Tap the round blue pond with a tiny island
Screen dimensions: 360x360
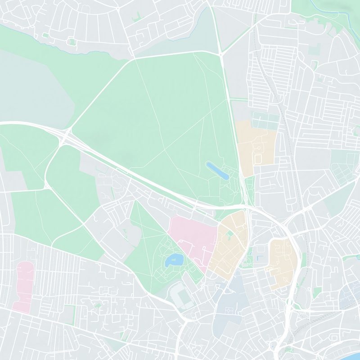[x=173, y=260]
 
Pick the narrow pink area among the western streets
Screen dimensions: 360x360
[x=24, y=286]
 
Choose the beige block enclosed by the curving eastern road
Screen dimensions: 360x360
[x=283, y=261]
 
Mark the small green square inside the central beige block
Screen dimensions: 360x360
[x=229, y=234]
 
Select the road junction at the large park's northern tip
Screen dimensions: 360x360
[x=221, y=54]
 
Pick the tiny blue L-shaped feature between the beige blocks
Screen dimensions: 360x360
[x=258, y=258]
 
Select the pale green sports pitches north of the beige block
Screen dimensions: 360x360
[x=265, y=121]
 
